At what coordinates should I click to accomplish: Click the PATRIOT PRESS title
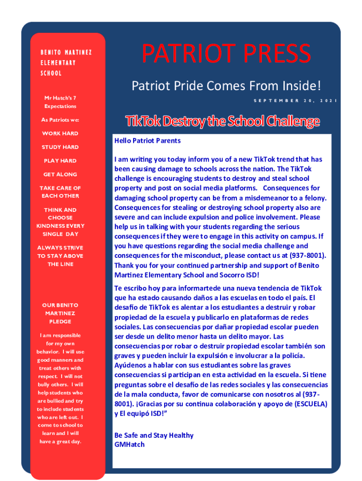226,54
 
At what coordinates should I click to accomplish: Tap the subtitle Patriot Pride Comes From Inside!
227,86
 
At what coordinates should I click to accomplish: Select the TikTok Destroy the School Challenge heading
222,122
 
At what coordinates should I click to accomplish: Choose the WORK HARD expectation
60,133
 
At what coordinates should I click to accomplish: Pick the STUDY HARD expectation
60,147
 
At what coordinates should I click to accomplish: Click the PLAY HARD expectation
60,161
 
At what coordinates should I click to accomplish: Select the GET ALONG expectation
60,174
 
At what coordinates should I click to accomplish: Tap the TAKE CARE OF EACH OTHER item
60,192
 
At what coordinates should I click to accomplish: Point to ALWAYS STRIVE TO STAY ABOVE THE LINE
60,256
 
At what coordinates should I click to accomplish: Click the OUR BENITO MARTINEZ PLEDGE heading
60,313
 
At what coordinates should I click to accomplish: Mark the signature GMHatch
129,444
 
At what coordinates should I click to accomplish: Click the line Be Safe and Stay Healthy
154,435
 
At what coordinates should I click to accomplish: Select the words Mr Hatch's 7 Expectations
60,102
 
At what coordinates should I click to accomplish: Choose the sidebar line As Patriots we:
60,120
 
